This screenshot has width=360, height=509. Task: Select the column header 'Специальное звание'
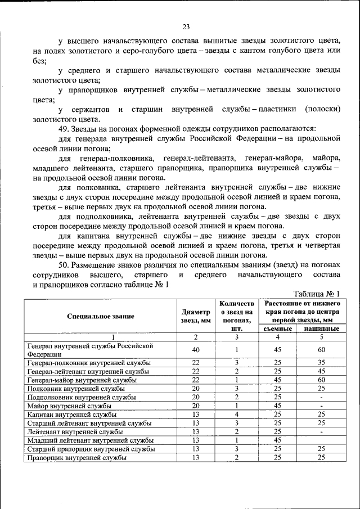coord(100,316)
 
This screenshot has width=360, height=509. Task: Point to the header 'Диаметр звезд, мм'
coord(196,316)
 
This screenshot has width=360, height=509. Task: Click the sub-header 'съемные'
coord(277,328)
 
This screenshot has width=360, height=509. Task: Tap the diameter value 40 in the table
coord(196,350)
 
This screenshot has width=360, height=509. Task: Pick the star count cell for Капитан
coord(237,414)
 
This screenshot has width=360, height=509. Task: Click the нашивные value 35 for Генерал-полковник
coord(321,363)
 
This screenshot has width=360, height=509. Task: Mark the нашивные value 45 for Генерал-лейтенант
coord(321,371)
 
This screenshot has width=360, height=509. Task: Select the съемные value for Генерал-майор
coord(277,380)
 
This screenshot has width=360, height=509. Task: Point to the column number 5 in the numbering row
coord(321,337)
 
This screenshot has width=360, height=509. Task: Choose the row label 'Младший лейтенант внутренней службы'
coord(84,440)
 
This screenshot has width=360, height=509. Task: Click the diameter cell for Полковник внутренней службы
coord(196,388)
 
